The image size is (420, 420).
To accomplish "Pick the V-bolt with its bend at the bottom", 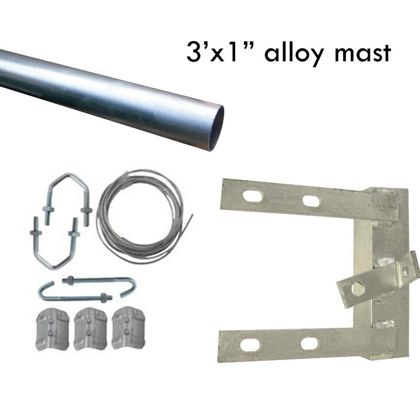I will [55, 248].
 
